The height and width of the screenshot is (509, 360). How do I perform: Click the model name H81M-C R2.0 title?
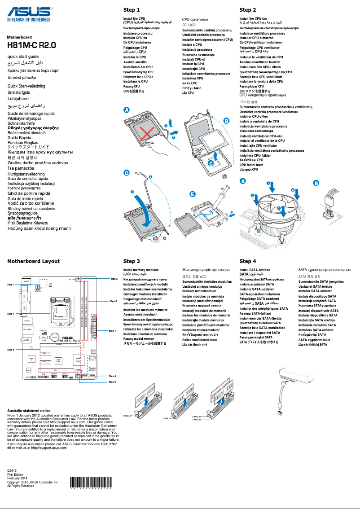pyautogui.click(x=31, y=45)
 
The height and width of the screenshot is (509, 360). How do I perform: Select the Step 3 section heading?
pyautogui.click(x=132, y=261)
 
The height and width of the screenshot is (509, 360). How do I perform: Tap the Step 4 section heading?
pyautogui.click(x=248, y=261)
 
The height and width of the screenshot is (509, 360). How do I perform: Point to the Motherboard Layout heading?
pyautogui.click(x=33, y=261)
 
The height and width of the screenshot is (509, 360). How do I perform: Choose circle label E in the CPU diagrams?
pyautogui.click(x=193, y=194)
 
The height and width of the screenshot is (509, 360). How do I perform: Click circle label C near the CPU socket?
pyautogui.click(x=211, y=164)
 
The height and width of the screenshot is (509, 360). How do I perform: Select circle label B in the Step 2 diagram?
pyautogui.click(x=316, y=183)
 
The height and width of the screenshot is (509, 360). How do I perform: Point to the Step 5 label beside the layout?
pyautogui.click(x=11, y=349)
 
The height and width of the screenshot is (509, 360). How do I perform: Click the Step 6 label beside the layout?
pyautogui.click(x=113, y=382)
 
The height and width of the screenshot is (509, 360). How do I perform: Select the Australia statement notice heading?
pyautogui.click(x=29, y=411)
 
